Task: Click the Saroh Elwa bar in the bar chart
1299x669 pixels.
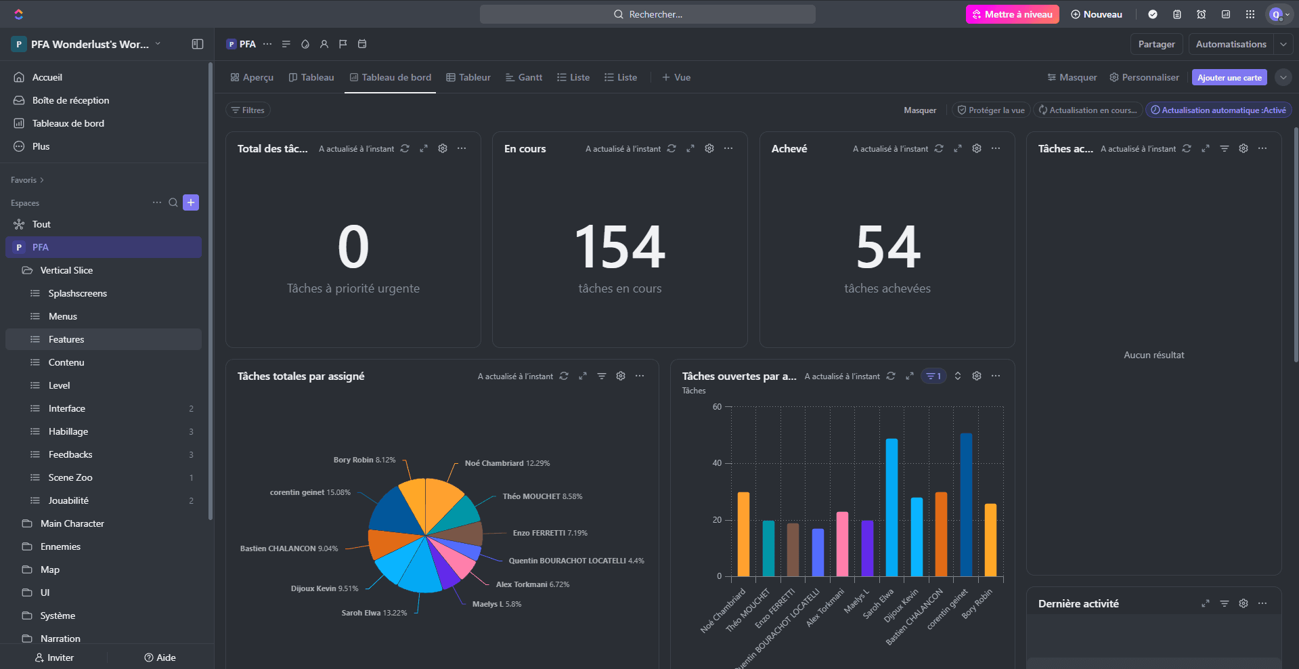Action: tap(891, 508)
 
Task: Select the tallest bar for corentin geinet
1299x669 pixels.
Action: tap(966, 504)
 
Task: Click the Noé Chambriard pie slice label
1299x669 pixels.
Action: tap(507, 463)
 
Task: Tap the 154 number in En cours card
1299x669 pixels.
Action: tap(620, 248)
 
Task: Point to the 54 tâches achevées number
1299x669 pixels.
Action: tap(887, 248)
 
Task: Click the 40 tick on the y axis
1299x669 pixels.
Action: tap(717, 463)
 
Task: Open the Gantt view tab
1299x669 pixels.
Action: tap(524, 77)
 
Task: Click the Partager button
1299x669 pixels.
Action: tap(1156, 44)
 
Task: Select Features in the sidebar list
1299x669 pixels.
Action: tap(66, 339)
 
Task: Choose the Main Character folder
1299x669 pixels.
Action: tap(72, 523)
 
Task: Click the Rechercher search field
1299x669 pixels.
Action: tap(648, 14)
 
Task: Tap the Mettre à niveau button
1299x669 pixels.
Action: tap(1012, 14)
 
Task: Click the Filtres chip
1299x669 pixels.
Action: tap(248, 110)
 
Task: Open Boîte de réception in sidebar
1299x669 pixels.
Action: tap(70, 100)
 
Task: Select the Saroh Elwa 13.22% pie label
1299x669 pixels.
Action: tap(374, 613)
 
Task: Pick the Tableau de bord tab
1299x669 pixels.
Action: tap(391, 77)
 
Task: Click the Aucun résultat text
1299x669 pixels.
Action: tap(1154, 355)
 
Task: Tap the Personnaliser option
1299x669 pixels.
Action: tap(1144, 77)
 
